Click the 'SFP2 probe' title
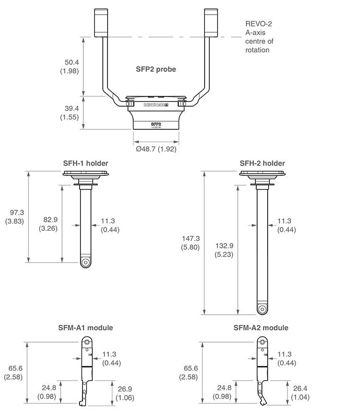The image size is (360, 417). tap(156, 69)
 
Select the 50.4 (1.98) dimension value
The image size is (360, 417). tap(70, 66)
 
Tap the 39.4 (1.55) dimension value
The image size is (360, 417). tap(70, 112)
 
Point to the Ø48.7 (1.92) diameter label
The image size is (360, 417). tap(156, 149)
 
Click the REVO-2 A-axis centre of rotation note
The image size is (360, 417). tap(259, 36)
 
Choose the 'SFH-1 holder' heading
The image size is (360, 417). tap(86, 163)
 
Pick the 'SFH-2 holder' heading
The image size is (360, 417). tap(262, 163)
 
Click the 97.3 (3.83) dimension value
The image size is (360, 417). tap(15, 217)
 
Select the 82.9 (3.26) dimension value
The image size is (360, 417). tap(48, 224)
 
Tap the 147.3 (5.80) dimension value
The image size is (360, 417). tap(190, 243)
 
